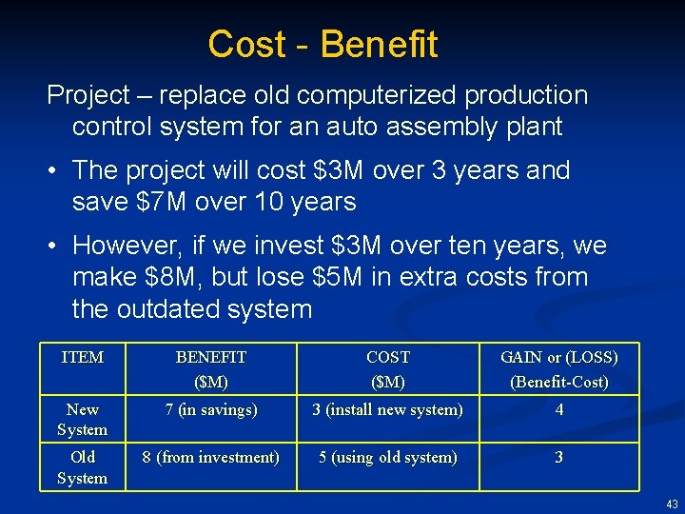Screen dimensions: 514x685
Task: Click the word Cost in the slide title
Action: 247,45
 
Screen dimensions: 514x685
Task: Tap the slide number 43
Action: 672,504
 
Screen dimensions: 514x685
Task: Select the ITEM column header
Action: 82,358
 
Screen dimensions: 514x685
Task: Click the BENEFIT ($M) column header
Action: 210,369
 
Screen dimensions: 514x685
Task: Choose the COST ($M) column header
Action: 387,369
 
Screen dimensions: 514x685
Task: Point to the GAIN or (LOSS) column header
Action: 558,369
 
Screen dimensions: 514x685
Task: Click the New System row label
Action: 82,419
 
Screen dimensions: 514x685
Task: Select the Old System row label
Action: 82,467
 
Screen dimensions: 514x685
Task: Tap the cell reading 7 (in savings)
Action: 210,409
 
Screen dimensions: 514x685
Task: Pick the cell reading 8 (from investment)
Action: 210,457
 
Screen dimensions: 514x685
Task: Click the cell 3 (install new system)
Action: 387,409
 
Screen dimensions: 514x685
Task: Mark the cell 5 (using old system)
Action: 387,457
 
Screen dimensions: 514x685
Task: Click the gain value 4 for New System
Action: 558,409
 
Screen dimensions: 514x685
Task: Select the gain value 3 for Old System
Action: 558,457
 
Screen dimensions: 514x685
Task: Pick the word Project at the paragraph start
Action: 88,95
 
